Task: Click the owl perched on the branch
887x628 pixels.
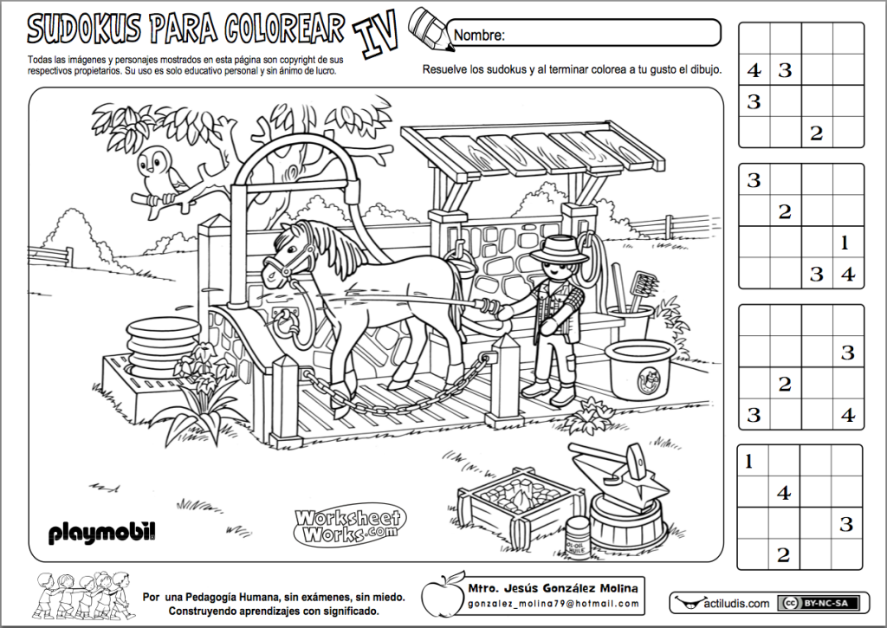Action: tap(160, 175)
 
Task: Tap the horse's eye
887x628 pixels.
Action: tap(289, 243)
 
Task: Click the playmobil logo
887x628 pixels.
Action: tap(102, 531)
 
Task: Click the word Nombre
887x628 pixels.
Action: tap(479, 36)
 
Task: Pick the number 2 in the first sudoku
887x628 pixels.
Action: tap(816, 133)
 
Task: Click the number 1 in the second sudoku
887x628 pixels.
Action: tap(846, 243)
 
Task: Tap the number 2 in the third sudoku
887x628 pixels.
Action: tap(784, 383)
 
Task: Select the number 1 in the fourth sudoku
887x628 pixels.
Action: tap(750, 462)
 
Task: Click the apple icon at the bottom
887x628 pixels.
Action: tap(439, 594)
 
